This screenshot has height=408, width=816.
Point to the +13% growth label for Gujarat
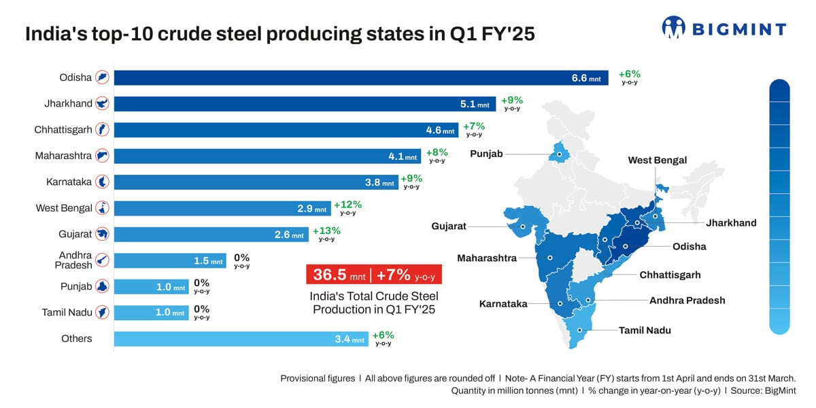click(x=326, y=231)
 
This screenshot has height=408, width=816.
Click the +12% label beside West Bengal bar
click(x=347, y=205)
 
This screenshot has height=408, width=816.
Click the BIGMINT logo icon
click(x=673, y=28)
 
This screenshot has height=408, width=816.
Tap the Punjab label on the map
click(x=486, y=154)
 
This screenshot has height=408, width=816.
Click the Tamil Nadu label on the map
click(x=645, y=330)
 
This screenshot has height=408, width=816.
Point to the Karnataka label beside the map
click(x=503, y=304)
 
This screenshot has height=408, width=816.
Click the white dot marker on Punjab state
click(x=560, y=154)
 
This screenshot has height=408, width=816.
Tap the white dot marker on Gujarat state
click(x=523, y=226)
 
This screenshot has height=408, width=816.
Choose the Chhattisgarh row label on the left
click(x=63, y=130)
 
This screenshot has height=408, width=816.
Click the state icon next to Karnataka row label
click(x=103, y=182)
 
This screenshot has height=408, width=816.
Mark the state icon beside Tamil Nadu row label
click(x=103, y=313)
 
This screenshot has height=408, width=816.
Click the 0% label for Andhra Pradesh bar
click(x=241, y=258)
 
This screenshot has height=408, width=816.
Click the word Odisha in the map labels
click(x=689, y=246)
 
